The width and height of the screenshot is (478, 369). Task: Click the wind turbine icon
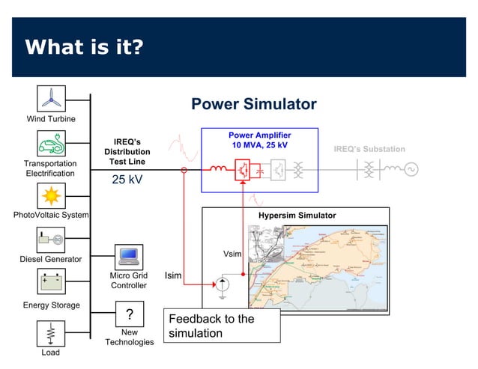(51, 98)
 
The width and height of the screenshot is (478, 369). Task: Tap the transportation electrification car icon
(51, 143)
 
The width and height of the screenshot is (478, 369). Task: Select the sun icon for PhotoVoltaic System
(51, 195)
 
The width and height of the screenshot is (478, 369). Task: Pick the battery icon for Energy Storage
(51, 284)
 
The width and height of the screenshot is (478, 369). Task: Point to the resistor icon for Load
(51, 332)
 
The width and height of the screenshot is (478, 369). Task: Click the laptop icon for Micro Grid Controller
(129, 256)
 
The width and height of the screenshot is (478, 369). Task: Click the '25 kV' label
(127, 180)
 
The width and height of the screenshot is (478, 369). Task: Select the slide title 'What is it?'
(84, 48)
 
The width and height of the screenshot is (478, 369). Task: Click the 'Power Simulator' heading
(253, 104)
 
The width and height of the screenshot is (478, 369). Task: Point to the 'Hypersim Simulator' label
(297, 216)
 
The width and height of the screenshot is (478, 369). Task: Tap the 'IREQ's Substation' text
(369, 149)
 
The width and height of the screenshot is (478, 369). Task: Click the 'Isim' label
(173, 276)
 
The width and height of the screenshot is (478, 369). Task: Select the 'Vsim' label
(232, 254)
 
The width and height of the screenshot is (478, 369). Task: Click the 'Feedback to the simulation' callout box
(223, 326)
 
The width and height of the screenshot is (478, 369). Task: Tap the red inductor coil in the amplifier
(218, 168)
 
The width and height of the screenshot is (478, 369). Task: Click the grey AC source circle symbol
(411, 169)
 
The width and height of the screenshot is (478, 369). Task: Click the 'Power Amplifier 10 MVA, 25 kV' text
(259, 140)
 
